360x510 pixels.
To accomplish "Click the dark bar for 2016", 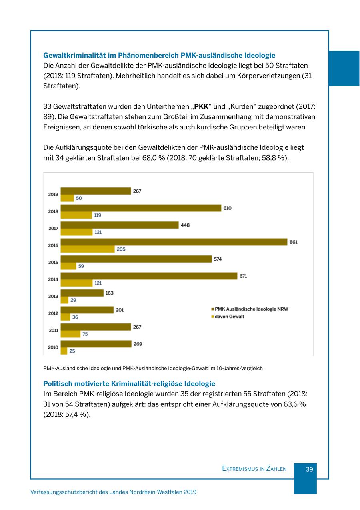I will point(174,242).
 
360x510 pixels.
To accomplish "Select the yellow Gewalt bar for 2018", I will point(76,215).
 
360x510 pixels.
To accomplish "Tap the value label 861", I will point(293,242).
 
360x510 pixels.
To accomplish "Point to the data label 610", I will point(227,208).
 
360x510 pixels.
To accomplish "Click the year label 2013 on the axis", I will point(53,297).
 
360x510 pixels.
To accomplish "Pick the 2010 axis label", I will point(53,347).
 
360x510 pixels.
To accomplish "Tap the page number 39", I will point(309,469).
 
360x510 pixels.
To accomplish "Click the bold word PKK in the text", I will point(201,107).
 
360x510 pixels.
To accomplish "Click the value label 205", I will point(121,249).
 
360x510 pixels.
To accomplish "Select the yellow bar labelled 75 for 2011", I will point(70,334).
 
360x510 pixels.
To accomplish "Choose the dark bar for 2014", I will point(148,276).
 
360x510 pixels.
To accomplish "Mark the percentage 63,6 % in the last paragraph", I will point(295,404).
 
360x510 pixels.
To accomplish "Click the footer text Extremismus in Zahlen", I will point(254,469).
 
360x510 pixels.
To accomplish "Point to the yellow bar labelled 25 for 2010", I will point(64,351).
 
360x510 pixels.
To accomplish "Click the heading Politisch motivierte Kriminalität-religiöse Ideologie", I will point(129,384).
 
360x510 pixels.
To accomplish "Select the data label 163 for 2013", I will point(109,293).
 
